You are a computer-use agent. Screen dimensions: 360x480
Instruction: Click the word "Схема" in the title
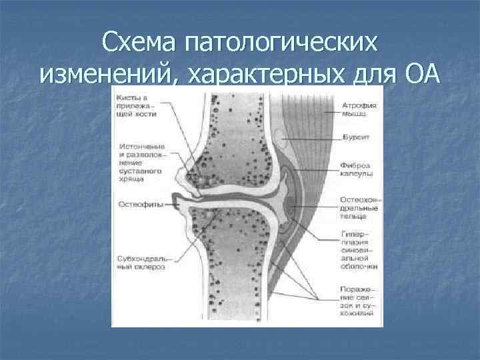coord(141,45)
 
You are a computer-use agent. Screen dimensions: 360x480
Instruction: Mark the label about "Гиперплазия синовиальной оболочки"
coord(359,250)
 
